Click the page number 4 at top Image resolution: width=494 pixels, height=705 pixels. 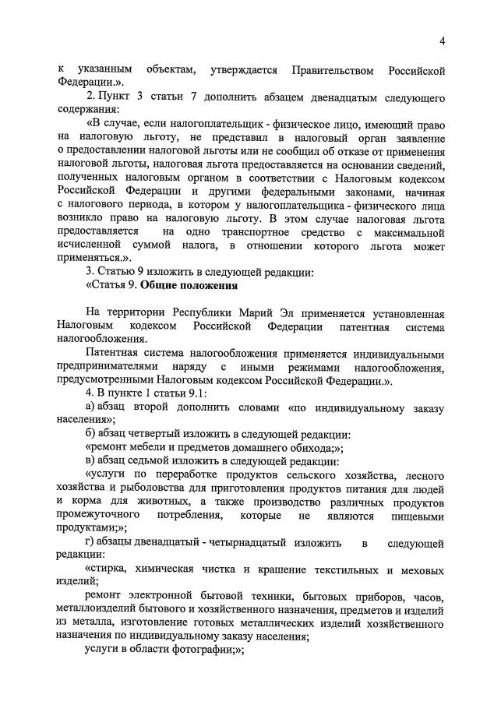[442, 41]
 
